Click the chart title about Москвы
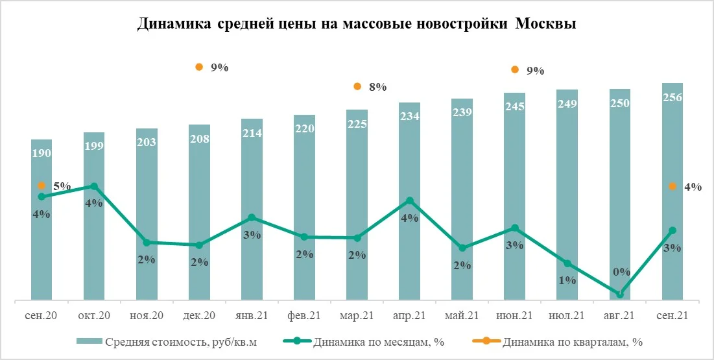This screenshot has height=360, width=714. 357,25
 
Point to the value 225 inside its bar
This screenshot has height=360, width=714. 357,124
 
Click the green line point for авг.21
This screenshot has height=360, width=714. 620,294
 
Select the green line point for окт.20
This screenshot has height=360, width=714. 95,186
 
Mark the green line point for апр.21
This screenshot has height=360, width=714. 409,200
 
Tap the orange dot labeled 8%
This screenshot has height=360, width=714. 357,86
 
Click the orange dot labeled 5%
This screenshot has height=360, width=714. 42,186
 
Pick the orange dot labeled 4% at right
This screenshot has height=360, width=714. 672,187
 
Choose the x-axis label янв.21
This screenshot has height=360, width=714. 252,316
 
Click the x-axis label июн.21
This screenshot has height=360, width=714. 514,316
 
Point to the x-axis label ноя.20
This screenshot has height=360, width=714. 147,316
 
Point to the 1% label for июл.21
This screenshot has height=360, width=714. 567,280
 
